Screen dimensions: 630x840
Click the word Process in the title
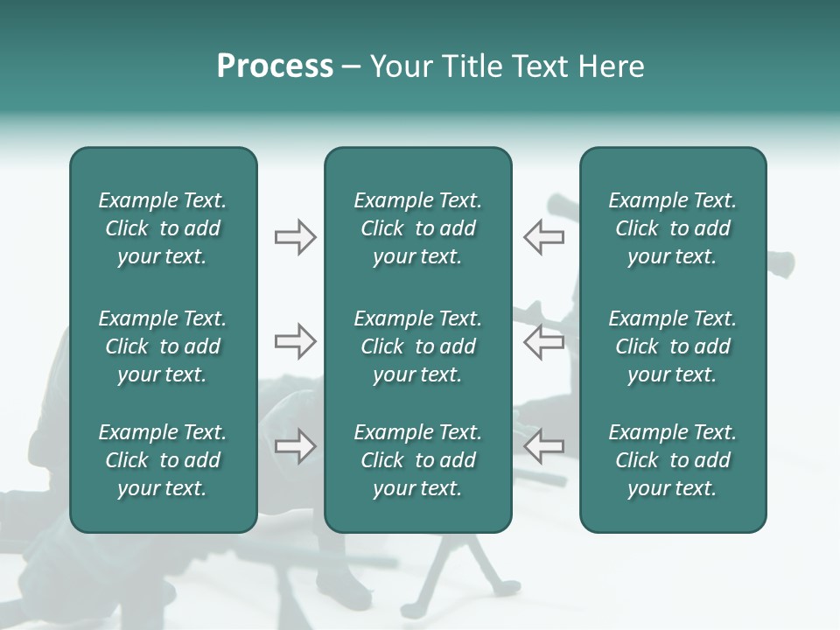(275, 66)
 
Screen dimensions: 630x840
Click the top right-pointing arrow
(295, 237)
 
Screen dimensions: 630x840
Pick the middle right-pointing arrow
(295, 341)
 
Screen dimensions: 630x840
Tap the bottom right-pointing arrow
(295, 446)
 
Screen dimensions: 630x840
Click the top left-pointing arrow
(543, 237)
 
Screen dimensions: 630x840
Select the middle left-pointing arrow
(543, 341)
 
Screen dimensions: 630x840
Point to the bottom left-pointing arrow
(543, 446)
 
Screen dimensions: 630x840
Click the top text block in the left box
(163, 228)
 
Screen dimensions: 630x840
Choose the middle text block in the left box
(163, 346)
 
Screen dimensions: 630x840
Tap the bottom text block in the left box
(163, 460)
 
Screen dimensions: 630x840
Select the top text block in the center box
(418, 228)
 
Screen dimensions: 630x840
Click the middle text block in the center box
(418, 346)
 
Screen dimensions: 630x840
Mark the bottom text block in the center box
(418, 460)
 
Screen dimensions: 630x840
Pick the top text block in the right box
(673, 228)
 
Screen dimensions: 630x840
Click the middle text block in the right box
(673, 346)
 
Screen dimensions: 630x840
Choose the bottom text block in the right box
(673, 460)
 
